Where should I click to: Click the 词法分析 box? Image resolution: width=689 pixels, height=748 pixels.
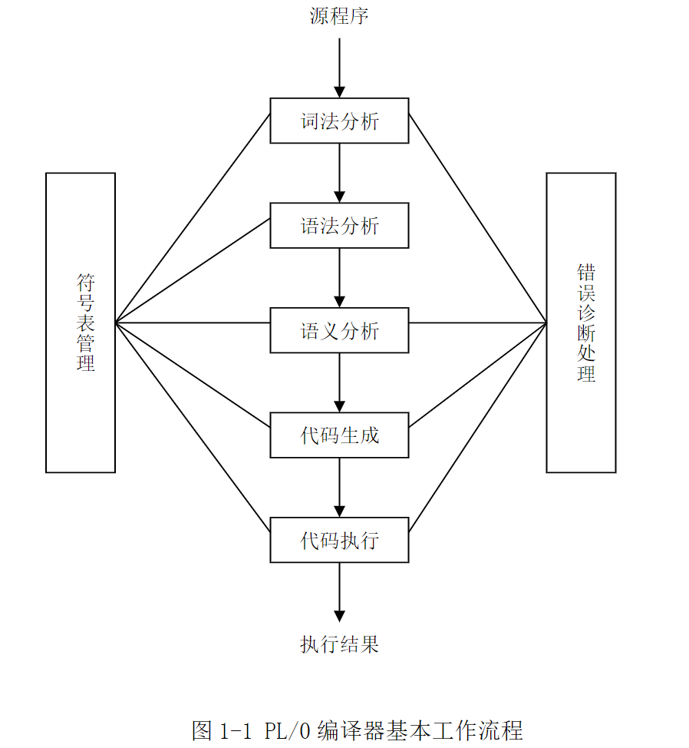339,121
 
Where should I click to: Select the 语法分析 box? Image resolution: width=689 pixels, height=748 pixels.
339,226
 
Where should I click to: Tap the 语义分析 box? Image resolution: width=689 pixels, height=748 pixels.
339,331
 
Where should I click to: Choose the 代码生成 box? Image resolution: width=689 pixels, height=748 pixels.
339,435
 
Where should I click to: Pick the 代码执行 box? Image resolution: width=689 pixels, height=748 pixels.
339,541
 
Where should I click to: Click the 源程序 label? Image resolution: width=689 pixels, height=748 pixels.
339,16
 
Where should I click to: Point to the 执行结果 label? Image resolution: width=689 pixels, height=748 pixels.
339,644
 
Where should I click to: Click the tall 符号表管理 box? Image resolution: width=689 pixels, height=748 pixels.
81,323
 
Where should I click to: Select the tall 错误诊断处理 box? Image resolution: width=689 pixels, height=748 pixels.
581,323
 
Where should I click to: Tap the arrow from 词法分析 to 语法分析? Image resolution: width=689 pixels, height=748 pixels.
339,173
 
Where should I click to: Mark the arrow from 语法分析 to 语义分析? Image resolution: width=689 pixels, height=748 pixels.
339,278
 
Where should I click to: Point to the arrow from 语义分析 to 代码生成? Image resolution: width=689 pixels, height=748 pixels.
339,382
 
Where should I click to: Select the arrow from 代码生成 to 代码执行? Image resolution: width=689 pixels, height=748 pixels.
339,488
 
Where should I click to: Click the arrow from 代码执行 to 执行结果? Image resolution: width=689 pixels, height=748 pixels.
339,591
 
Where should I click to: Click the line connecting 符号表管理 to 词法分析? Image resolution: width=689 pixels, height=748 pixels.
193,218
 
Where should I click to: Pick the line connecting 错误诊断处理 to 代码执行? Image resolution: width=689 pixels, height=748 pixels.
477,426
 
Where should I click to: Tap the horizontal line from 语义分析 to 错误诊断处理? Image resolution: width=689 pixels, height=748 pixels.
477,323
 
